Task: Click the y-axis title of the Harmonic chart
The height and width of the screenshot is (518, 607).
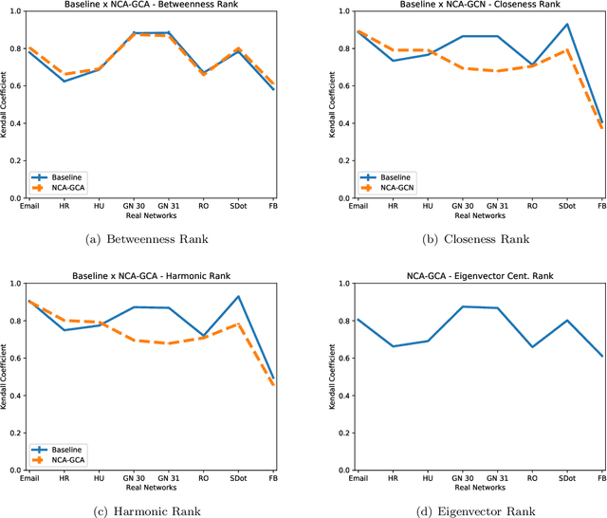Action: pyautogui.click(x=10, y=378)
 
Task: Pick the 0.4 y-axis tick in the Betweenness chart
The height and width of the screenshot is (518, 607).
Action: pyautogui.click(x=15, y=123)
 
